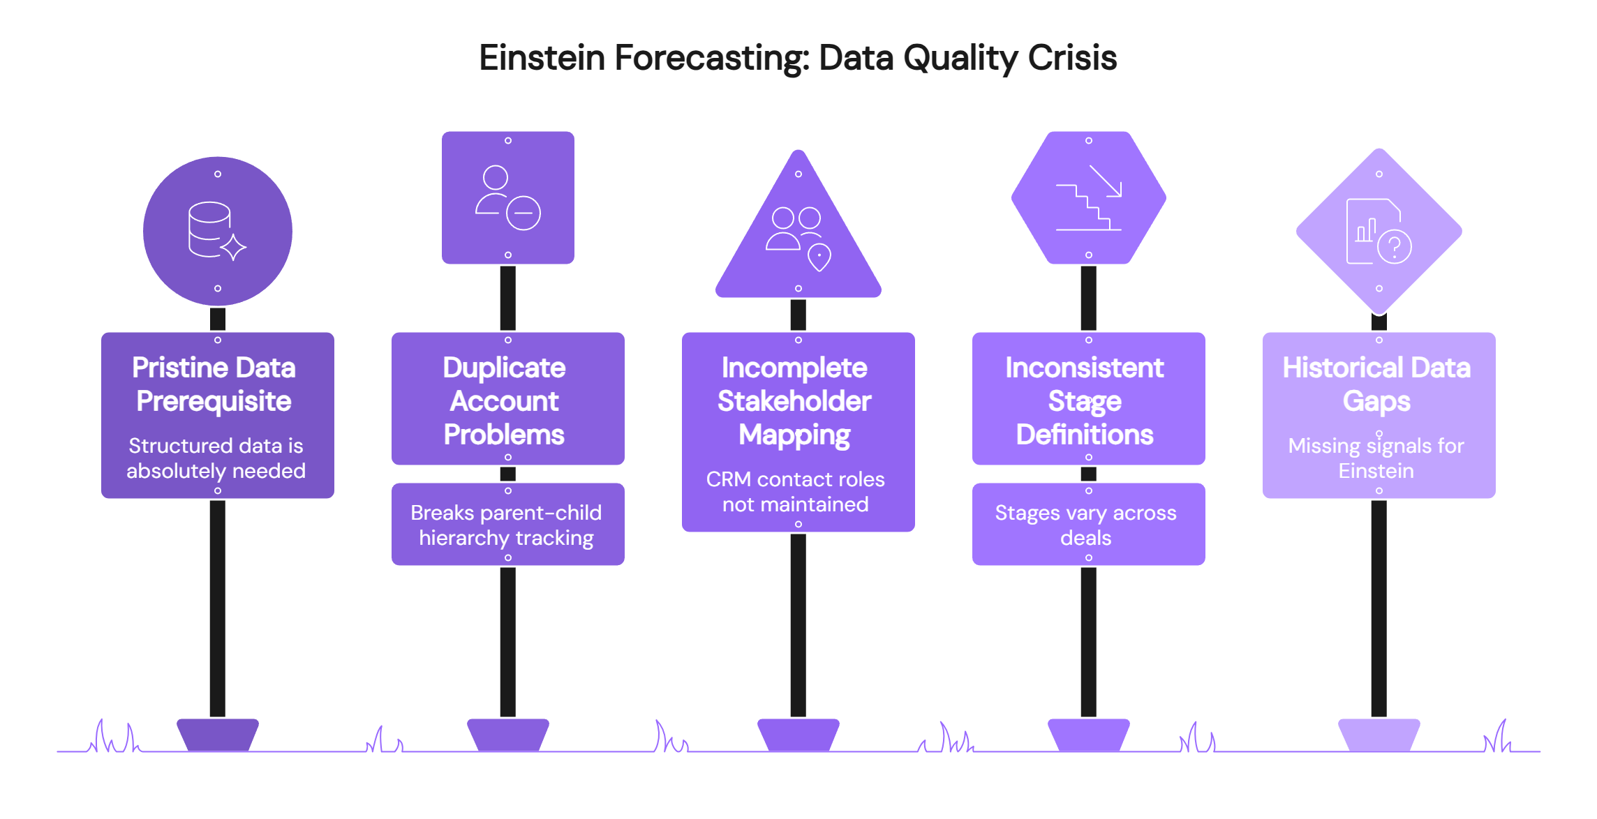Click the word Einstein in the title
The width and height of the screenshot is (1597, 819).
[542, 57]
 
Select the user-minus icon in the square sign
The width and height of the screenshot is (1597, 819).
[508, 197]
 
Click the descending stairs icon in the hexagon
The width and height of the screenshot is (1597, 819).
[1088, 198]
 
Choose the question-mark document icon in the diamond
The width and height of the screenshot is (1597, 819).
[1378, 232]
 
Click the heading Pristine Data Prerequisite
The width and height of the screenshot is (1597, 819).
[214, 384]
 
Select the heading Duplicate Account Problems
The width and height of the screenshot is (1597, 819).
[505, 401]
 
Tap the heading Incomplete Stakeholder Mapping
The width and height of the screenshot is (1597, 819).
[795, 401]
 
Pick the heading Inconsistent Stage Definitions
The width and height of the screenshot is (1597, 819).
[1085, 401]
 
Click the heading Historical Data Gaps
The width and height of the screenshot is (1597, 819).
[1376, 384]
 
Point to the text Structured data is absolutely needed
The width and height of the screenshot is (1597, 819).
[216, 458]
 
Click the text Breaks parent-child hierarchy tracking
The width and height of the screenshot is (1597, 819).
[506, 525]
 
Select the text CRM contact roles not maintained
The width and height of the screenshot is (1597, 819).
[796, 492]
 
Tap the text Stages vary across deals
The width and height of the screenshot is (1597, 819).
[1086, 525]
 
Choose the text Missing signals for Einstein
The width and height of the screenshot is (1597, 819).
[1376, 458]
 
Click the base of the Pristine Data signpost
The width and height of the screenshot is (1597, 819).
[218, 735]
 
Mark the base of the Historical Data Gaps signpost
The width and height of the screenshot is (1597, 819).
[1379, 735]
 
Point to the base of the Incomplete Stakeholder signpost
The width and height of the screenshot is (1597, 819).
[798, 735]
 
